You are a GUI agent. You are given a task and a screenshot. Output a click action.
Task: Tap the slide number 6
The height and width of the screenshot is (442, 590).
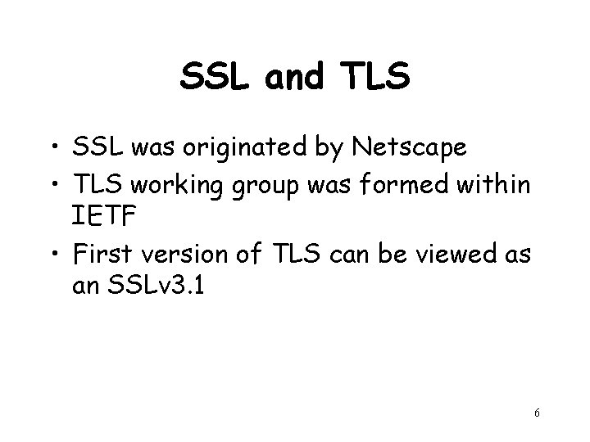[x=536, y=414]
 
